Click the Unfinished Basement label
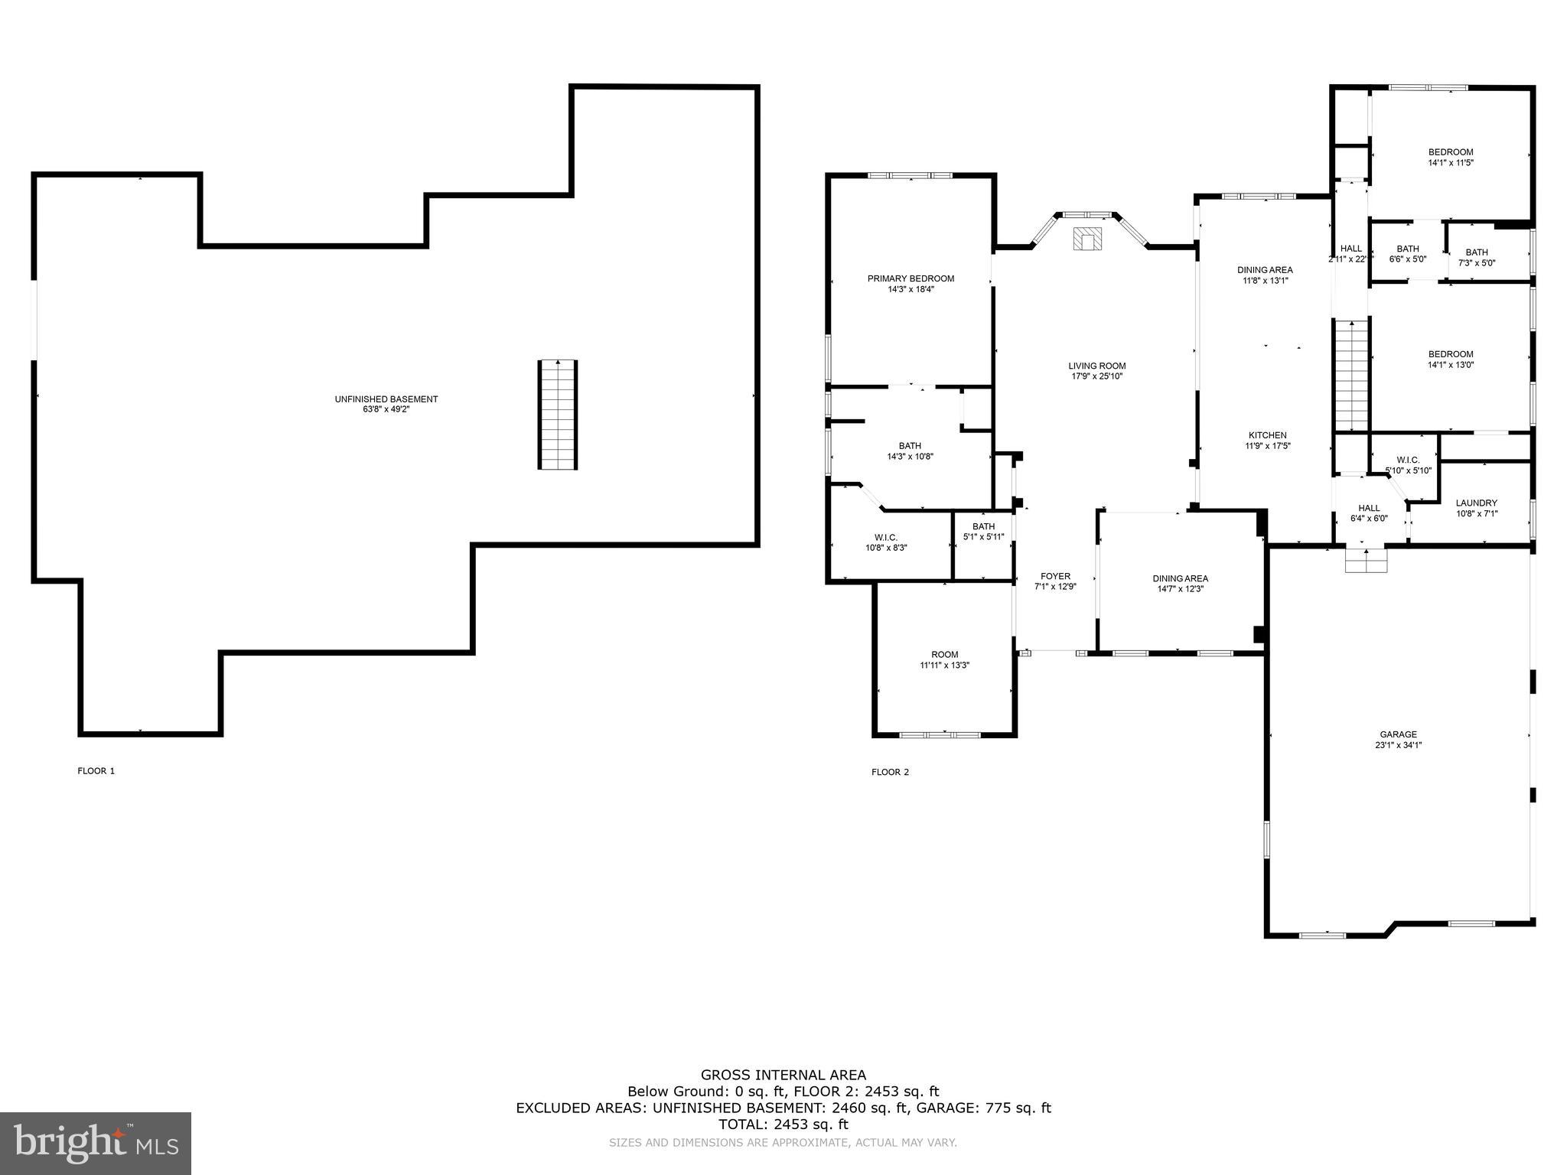(386, 399)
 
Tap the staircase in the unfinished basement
(557, 414)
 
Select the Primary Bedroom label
(911, 278)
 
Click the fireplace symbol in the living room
(1086, 239)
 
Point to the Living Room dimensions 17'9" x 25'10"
(1096, 376)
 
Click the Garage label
(1399, 734)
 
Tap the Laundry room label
(1476, 503)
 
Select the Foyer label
(1055, 576)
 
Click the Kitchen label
(1268, 435)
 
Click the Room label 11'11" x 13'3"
(944, 655)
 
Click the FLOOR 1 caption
(96, 771)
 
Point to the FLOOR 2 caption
(890, 772)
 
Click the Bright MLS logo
(96, 1143)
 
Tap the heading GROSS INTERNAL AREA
(783, 1075)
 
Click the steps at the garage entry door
(1366, 561)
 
